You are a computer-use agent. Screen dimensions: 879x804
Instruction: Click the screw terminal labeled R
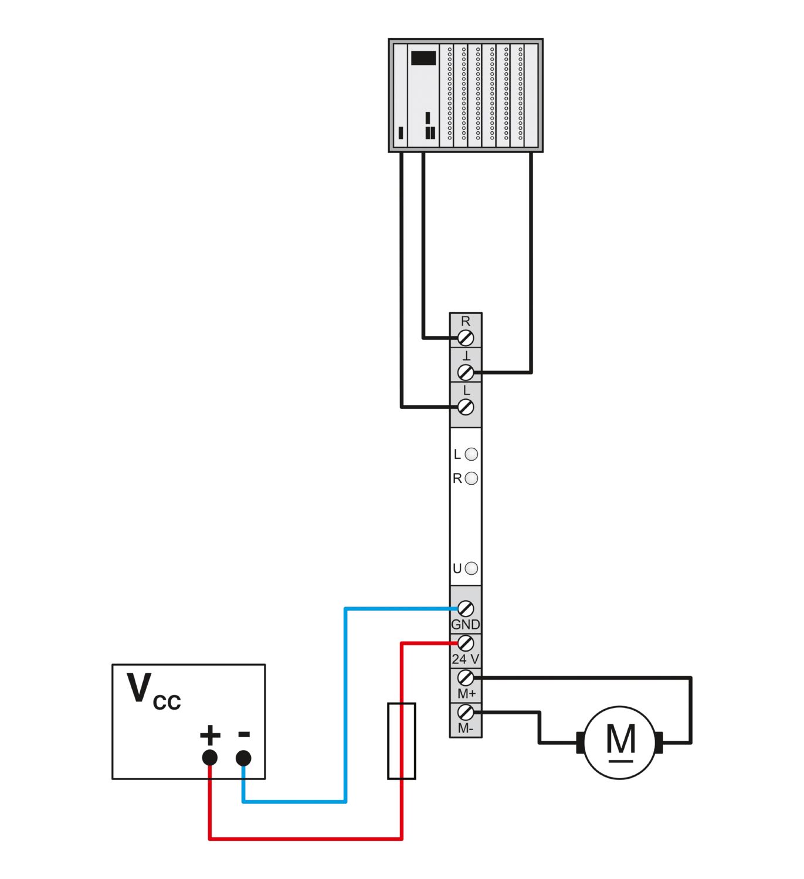466,338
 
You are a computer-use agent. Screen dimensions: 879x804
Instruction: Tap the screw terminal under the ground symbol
466,372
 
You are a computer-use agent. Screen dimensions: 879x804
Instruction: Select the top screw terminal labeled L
466,407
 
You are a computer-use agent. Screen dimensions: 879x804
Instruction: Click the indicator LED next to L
471,454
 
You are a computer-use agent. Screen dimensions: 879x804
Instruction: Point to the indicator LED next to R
471,479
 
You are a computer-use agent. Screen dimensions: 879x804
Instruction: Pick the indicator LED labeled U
471,568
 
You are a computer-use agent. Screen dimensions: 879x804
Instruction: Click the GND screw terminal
466,609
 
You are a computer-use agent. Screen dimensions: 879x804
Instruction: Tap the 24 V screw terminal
466,643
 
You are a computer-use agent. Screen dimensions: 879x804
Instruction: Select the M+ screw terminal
466,678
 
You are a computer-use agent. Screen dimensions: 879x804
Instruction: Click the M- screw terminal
466,713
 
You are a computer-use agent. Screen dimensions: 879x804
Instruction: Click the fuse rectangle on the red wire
402,741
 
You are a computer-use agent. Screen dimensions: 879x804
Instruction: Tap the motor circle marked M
620,742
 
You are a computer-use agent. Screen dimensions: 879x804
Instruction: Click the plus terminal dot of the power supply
209,758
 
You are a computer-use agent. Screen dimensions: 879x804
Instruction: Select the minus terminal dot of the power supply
243,758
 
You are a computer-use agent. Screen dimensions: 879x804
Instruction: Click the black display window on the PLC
423,58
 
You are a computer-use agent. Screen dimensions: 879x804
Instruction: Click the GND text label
466,625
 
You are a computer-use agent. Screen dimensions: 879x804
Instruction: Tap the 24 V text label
466,659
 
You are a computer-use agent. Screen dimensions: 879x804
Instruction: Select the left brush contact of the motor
581,743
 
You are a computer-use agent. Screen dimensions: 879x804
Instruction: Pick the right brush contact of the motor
659,743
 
